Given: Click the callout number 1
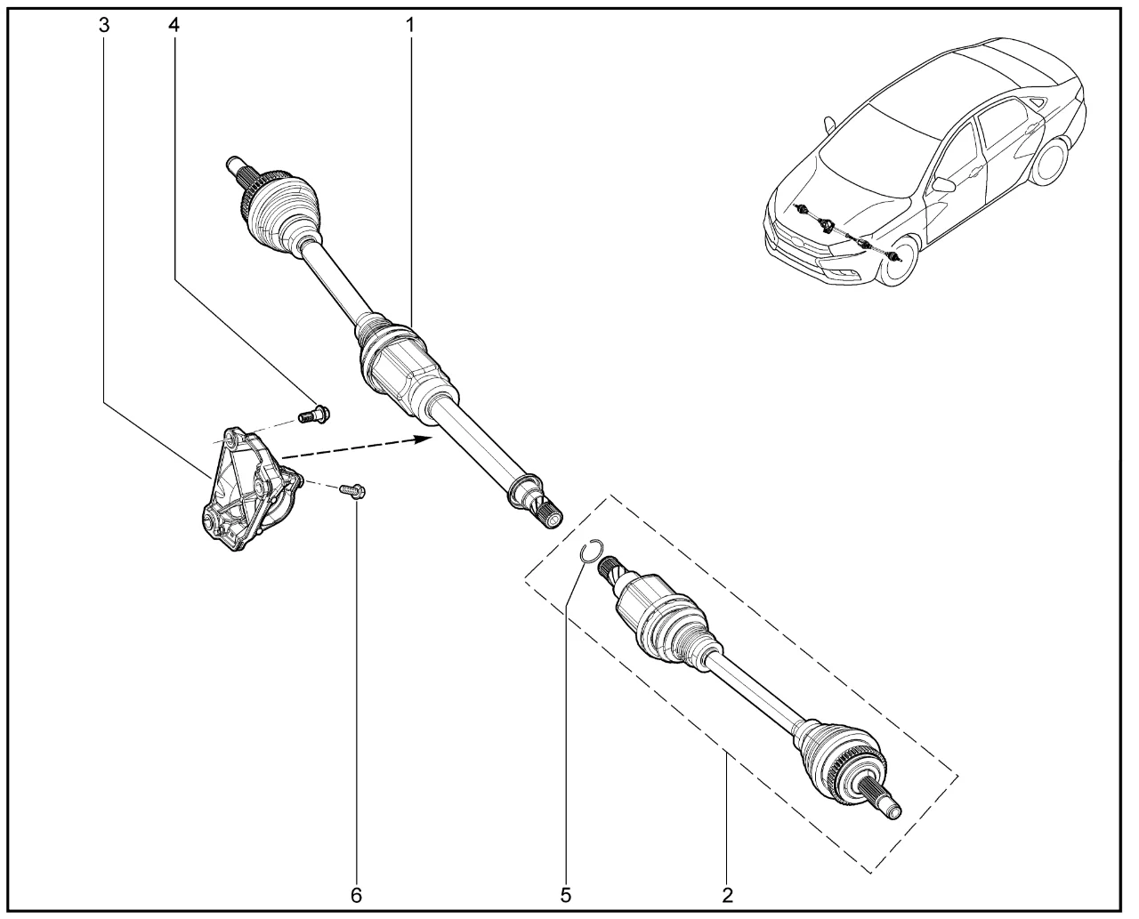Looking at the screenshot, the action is (x=410, y=25).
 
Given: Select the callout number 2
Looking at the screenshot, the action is (x=727, y=895).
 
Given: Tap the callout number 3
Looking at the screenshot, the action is (x=104, y=25).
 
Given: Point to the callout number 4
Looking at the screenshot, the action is (x=174, y=25).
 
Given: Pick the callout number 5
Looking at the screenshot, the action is (x=566, y=895).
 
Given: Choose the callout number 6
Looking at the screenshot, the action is (x=356, y=895).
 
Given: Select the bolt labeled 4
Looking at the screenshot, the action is (x=313, y=414).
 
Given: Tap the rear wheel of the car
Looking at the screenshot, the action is (x=1051, y=161).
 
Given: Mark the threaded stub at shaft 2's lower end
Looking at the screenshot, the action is (x=888, y=807).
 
